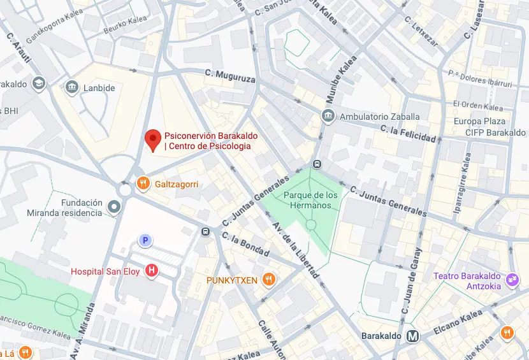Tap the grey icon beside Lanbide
(x=72, y=87)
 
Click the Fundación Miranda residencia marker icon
(x=114, y=206)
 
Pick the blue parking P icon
(x=145, y=240)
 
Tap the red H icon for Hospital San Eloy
(x=152, y=271)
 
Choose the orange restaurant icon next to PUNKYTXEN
(x=270, y=279)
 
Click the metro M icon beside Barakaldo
(x=414, y=336)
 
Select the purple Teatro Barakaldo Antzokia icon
(x=512, y=280)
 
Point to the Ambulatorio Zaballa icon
(x=328, y=117)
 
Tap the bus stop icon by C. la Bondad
(x=205, y=232)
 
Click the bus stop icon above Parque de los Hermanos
(x=317, y=163)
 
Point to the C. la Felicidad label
(x=408, y=134)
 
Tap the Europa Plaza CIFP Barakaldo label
(x=479, y=127)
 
